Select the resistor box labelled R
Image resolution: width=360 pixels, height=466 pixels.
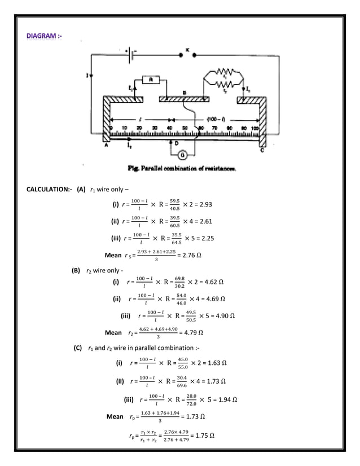pos(151,80)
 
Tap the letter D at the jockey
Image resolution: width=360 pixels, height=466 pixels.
pos(177,144)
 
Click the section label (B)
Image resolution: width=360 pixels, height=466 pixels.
pos(76,270)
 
